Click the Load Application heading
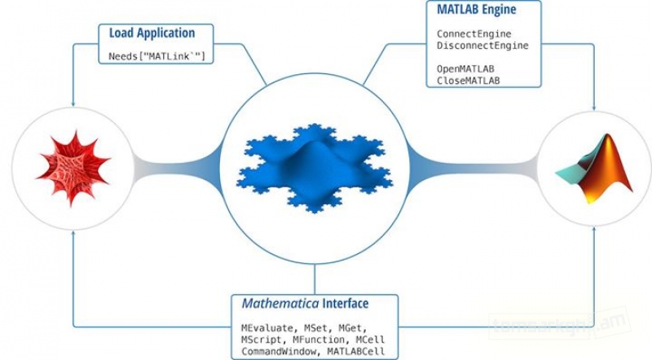point(152,33)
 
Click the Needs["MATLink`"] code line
point(156,56)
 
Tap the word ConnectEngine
point(474,34)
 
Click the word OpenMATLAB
point(465,69)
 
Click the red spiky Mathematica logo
point(72,169)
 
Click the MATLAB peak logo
point(593,169)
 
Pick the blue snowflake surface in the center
point(314,167)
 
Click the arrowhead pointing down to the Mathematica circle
point(73,105)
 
